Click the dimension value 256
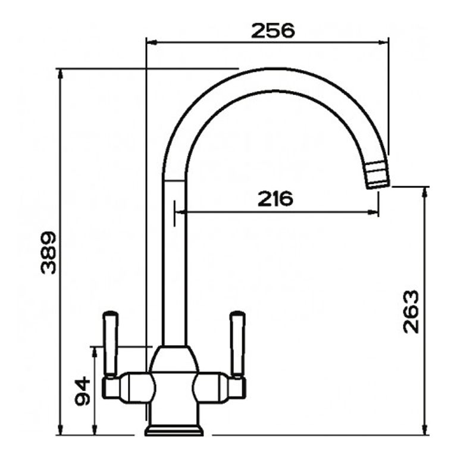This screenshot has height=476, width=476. pos(273,30)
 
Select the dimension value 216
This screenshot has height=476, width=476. pos(275,199)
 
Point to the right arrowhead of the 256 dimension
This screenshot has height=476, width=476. pos(384,42)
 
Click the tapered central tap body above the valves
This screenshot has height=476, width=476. pos(174,360)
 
